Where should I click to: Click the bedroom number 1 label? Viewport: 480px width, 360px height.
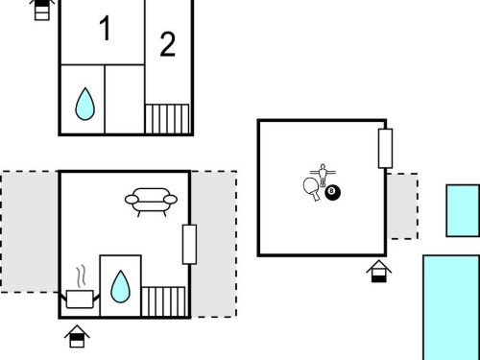pos(106,28)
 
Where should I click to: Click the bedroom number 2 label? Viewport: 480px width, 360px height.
pos(167,44)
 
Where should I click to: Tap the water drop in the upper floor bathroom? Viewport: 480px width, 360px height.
pos(84,104)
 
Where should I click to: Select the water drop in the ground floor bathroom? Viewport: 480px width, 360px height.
pos(120,287)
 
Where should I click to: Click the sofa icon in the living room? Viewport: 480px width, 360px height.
pos(151,202)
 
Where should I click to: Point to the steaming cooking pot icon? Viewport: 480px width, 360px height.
pos(80,288)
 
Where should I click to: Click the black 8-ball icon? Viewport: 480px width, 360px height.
pos(333,193)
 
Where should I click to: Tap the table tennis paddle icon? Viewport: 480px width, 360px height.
pos(312,188)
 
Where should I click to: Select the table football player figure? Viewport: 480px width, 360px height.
pos(323,175)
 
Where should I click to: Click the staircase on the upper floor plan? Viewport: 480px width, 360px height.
pos(167,119)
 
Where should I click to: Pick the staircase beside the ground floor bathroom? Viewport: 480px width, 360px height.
pos(163,301)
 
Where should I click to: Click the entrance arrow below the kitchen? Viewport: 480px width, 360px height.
pos(77,336)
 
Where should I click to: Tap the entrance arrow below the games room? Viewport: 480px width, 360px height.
pos(379,272)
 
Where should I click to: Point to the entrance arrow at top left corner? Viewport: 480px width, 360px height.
pos(42,10)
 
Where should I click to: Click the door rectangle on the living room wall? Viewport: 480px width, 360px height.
pos(189,245)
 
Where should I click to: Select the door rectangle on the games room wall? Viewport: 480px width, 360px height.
pos(385,149)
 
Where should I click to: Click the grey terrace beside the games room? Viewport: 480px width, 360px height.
pos(402,206)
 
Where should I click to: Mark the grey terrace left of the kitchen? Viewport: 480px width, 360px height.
pos(30,231)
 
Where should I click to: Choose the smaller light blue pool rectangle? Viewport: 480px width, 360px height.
pos(463,210)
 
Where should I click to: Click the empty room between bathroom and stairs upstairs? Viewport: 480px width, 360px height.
pos(125,99)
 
